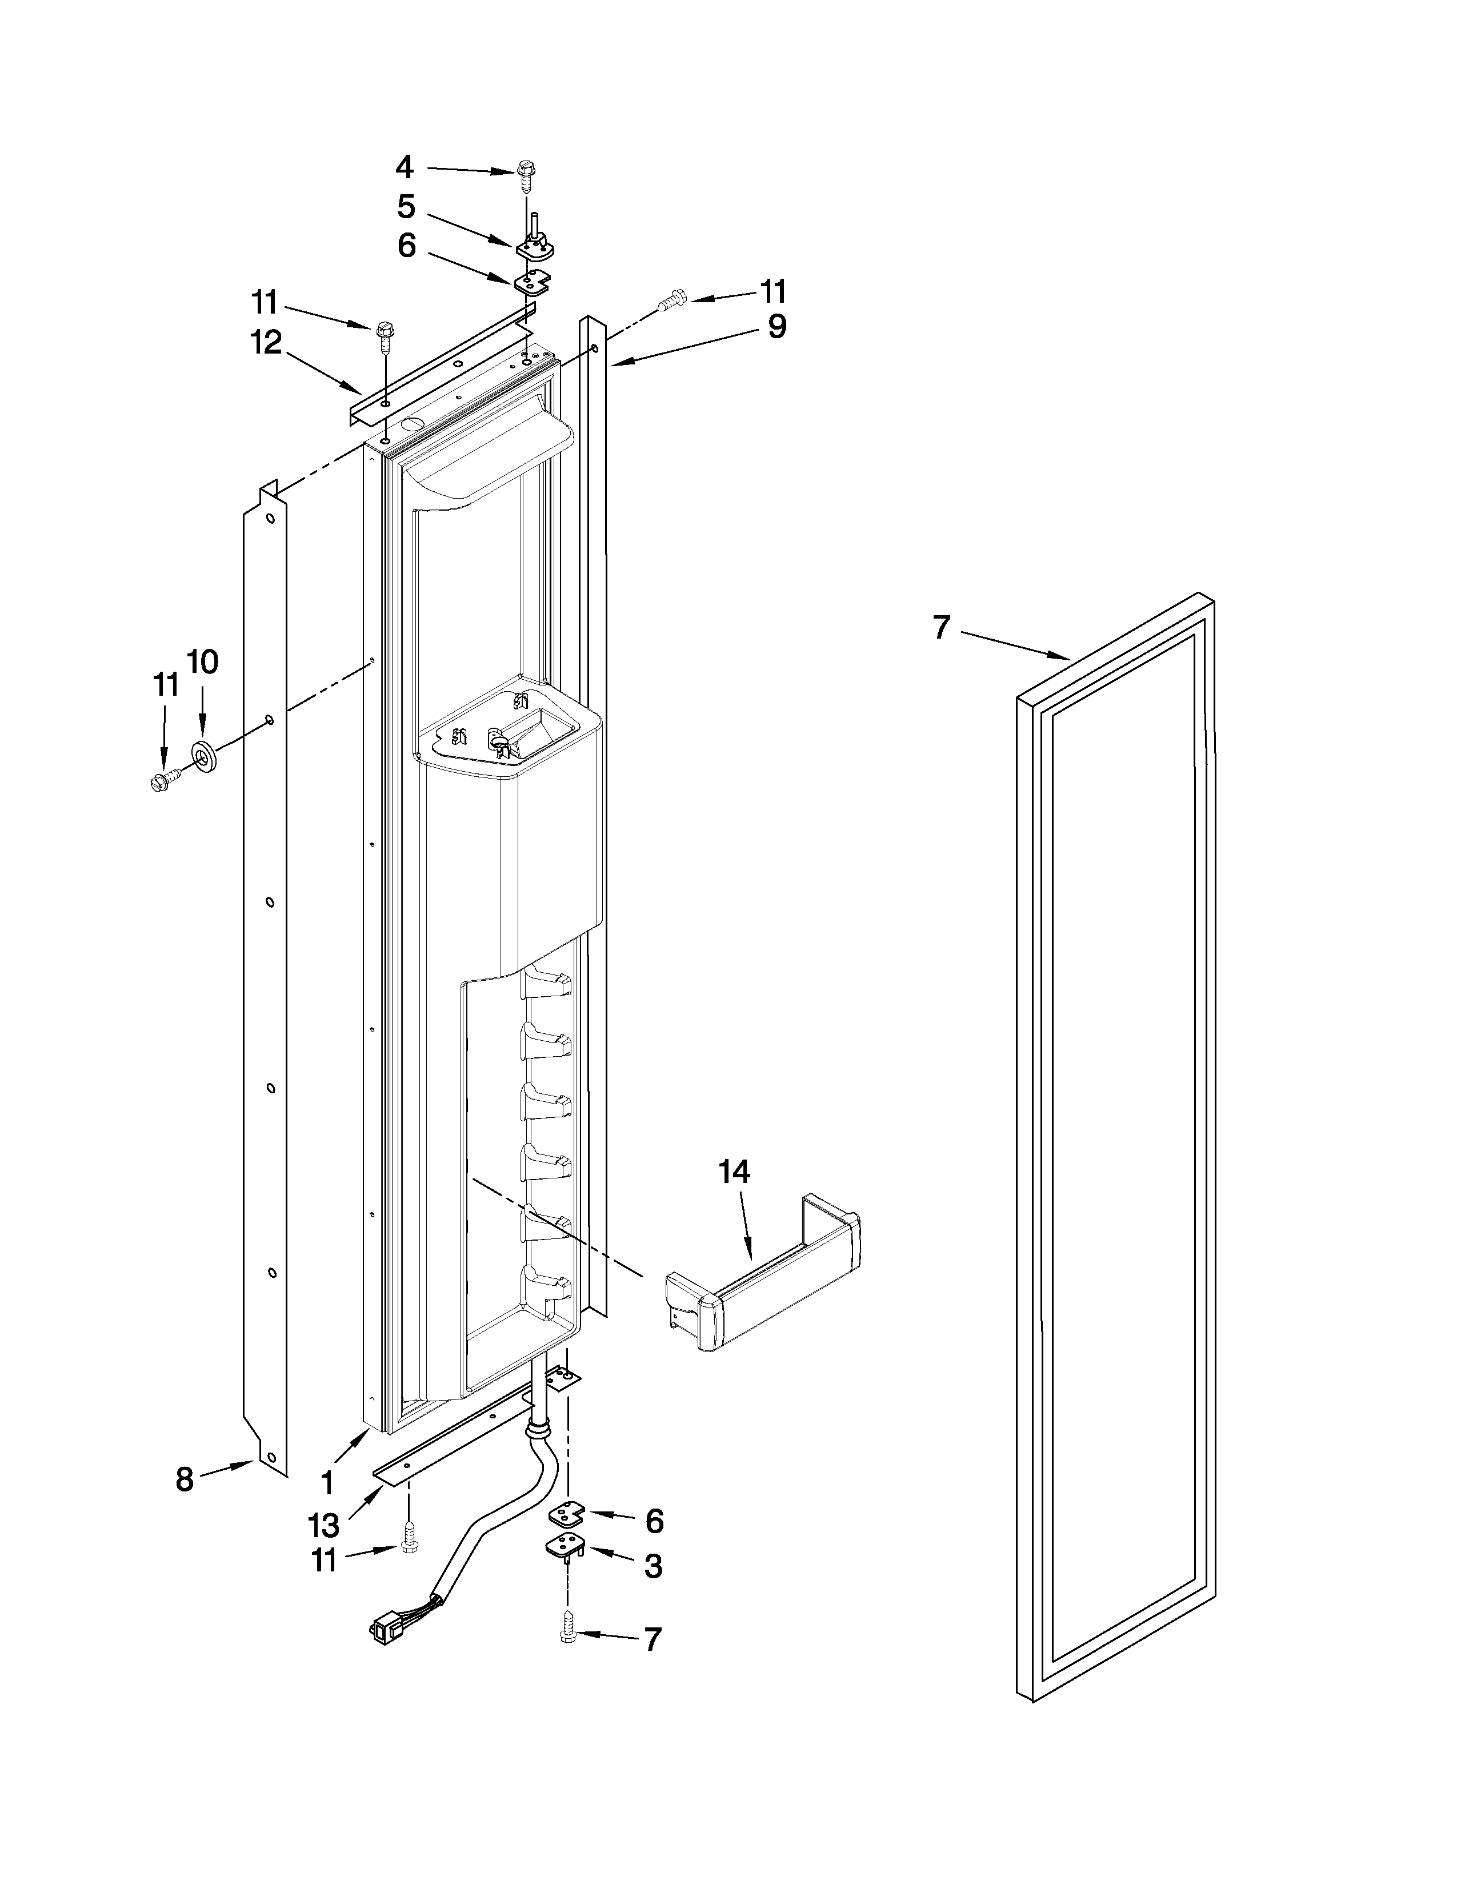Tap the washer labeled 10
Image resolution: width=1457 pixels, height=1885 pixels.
(x=205, y=756)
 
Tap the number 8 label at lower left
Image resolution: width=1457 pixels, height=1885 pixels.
(x=185, y=1480)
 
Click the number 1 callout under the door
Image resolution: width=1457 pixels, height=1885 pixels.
(x=327, y=1483)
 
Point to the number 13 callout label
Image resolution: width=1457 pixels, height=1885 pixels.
(x=323, y=1526)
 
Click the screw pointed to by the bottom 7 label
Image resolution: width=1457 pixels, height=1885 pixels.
(x=568, y=1626)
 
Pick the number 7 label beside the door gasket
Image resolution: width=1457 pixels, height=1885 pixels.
(x=942, y=627)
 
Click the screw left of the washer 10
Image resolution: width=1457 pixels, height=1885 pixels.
(x=163, y=779)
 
